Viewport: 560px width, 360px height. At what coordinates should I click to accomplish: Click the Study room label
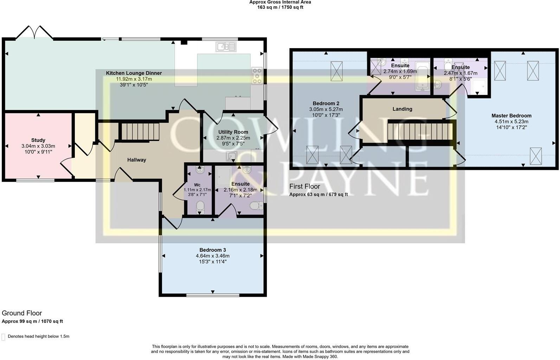(x=38, y=140)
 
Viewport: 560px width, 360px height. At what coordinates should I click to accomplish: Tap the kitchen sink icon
(x=226, y=46)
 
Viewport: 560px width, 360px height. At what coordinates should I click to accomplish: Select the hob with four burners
(x=257, y=76)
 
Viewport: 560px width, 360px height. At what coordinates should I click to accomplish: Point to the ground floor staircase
(x=140, y=131)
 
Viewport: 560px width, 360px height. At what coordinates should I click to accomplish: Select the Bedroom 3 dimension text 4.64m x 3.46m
(x=212, y=256)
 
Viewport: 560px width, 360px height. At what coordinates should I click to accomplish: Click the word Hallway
(x=136, y=160)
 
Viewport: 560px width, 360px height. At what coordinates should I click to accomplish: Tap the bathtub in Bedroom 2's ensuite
(x=423, y=77)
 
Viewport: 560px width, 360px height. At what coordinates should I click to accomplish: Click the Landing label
(x=402, y=109)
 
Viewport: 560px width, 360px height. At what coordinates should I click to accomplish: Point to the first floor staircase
(x=420, y=131)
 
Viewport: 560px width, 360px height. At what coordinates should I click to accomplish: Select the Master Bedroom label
(x=511, y=116)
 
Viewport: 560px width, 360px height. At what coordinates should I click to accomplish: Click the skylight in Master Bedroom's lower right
(x=535, y=156)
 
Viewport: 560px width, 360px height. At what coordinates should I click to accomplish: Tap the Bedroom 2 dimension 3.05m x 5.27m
(x=326, y=109)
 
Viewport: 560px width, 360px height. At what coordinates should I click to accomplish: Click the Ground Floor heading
(x=22, y=313)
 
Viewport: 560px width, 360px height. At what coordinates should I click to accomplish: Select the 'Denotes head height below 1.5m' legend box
(x=4, y=337)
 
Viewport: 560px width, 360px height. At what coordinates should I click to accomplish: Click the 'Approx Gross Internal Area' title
(x=280, y=2)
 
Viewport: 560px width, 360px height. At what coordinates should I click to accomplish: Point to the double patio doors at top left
(x=34, y=33)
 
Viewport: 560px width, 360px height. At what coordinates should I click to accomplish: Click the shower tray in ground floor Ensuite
(x=224, y=176)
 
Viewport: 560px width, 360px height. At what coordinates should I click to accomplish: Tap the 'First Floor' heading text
(x=304, y=186)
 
